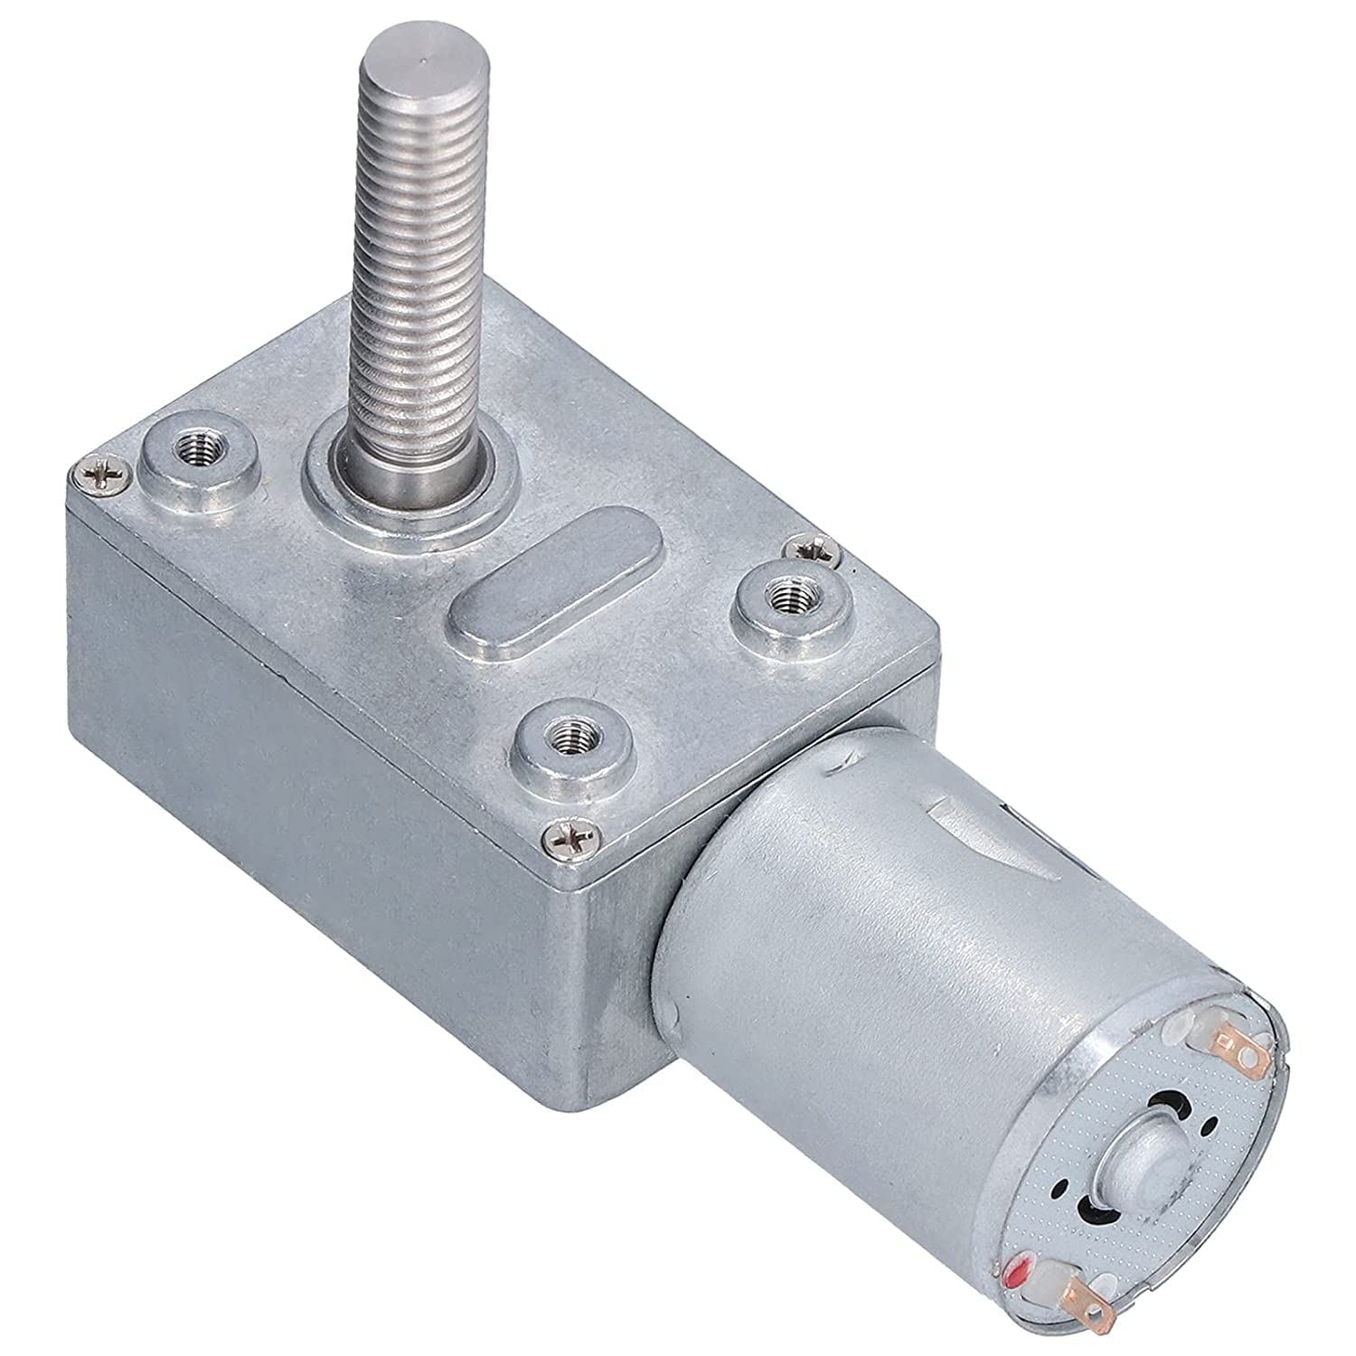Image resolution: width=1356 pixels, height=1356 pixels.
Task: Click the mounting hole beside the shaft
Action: click(x=196, y=466)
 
